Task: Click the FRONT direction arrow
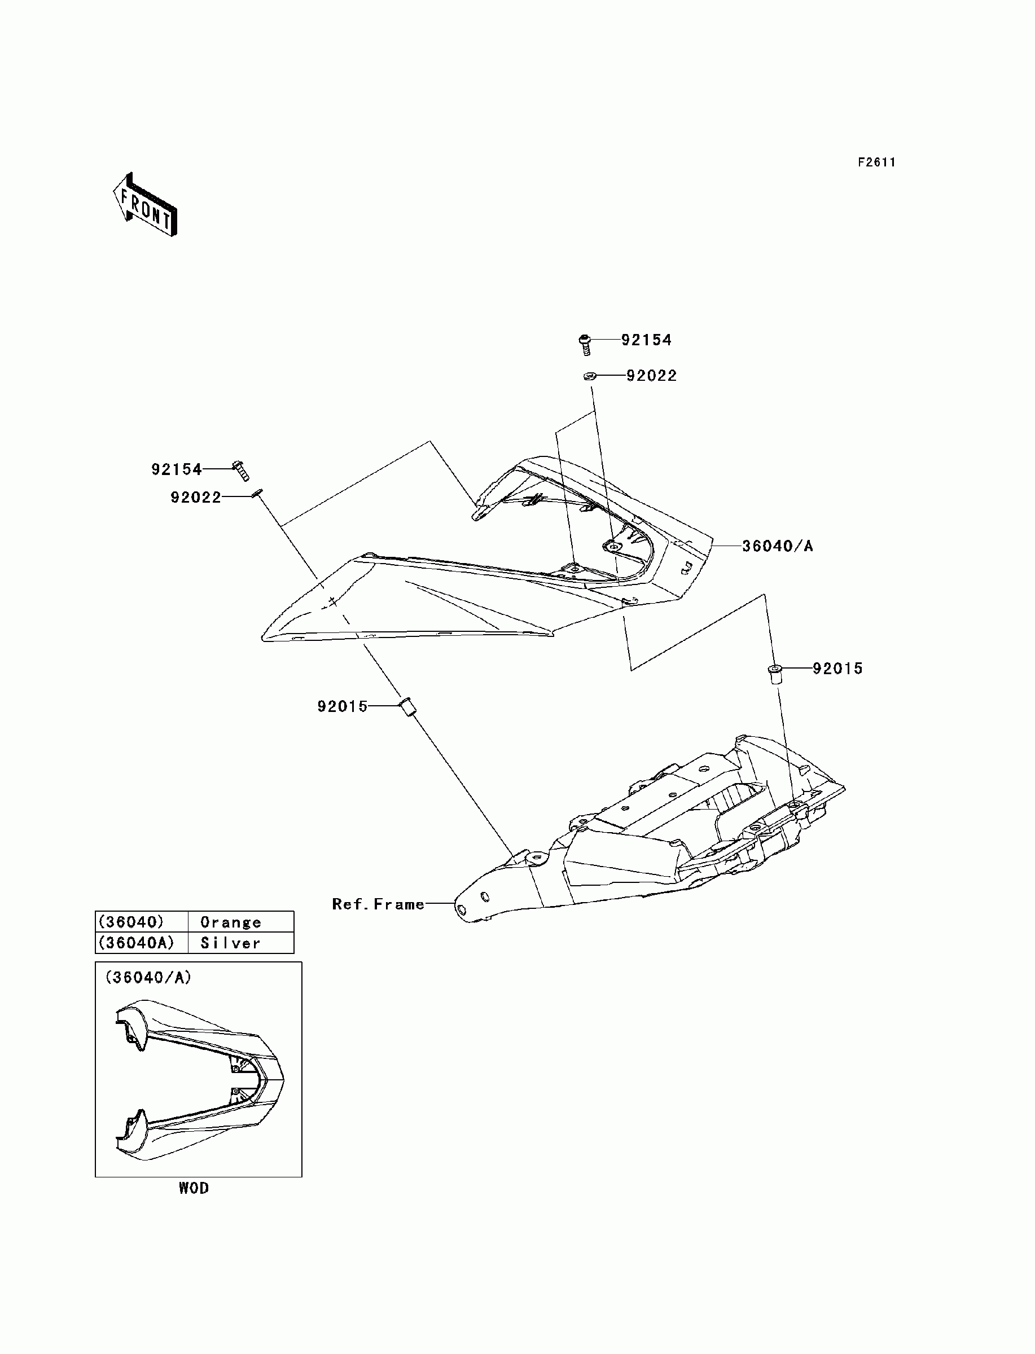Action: [146, 205]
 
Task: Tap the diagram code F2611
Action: [876, 162]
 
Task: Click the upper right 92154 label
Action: [646, 340]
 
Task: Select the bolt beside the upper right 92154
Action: [585, 344]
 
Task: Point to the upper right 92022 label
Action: [651, 376]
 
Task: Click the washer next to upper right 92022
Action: [589, 376]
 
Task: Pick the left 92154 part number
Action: [177, 469]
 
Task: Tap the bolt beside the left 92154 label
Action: [241, 471]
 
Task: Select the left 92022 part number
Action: [196, 497]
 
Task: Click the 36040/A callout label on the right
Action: [778, 546]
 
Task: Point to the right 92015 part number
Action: [837, 669]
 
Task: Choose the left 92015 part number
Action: [343, 707]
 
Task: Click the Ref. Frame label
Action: [378, 904]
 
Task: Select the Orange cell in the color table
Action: [231, 922]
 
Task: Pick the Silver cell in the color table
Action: [231, 943]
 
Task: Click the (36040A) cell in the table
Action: [136, 943]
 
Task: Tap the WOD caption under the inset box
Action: [194, 1188]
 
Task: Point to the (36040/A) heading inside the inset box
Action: [148, 977]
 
